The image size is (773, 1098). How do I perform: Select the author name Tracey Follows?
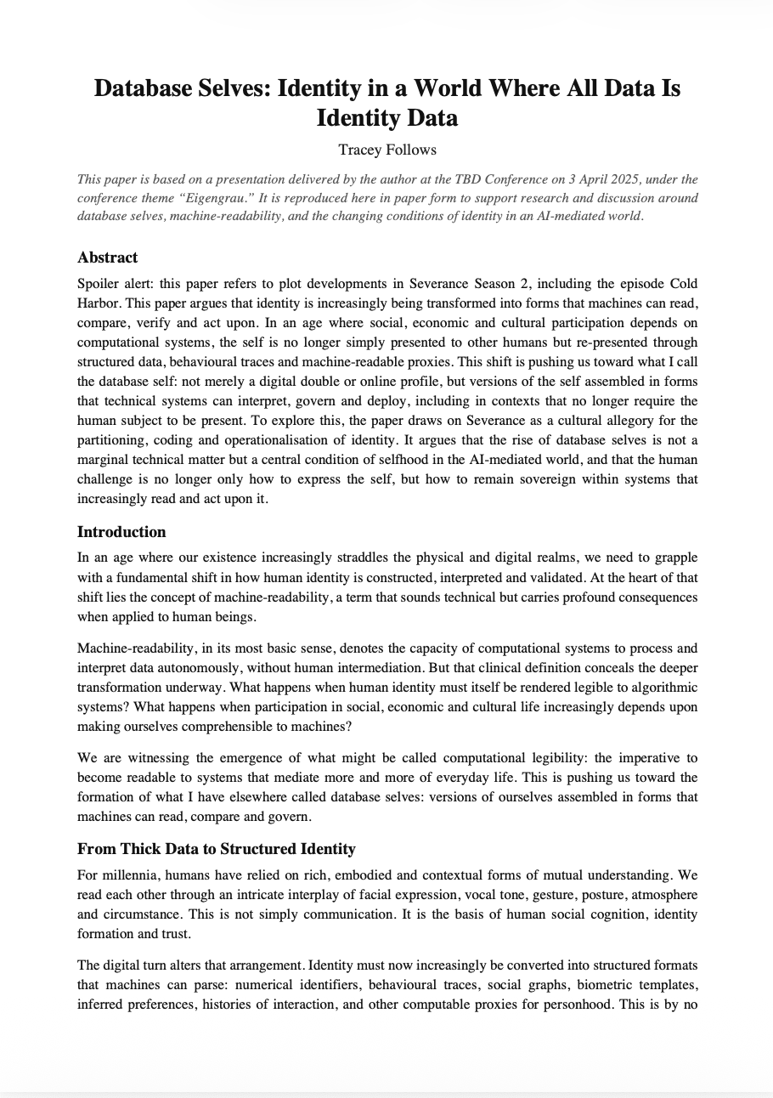(386, 150)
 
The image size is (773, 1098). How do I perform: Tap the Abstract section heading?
(107, 258)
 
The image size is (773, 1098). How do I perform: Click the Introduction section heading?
(121, 532)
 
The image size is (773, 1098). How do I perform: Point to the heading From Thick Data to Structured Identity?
(216, 849)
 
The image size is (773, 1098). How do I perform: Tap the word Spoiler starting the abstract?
(96, 282)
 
